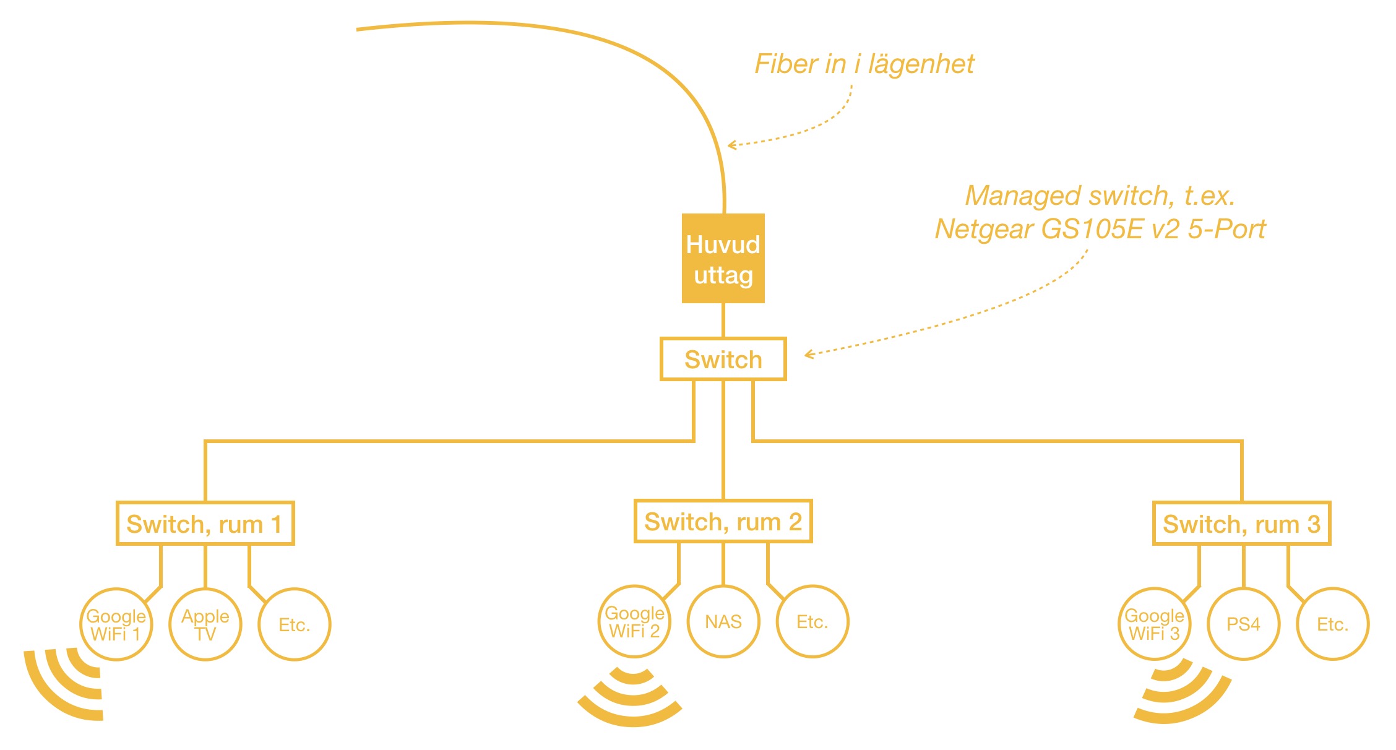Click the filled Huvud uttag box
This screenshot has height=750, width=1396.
pyautogui.click(x=723, y=258)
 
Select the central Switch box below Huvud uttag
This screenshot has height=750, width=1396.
pyautogui.click(x=723, y=359)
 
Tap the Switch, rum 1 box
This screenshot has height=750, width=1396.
pyautogui.click(x=205, y=524)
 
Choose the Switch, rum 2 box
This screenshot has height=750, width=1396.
pyautogui.click(x=723, y=521)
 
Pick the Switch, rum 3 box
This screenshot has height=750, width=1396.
pyautogui.click(x=1241, y=524)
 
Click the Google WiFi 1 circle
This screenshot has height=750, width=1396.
pyautogui.click(x=116, y=624)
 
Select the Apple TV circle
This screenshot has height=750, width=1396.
pyautogui.click(x=205, y=624)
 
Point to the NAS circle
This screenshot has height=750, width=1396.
pyautogui.click(x=723, y=621)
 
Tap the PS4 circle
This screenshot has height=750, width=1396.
pyautogui.click(x=1243, y=624)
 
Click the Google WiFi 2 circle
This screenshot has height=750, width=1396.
pyautogui.click(x=634, y=621)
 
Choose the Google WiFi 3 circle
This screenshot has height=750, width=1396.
pyautogui.click(x=1154, y=624)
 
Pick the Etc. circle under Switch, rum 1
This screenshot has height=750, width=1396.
pyautogui.click(x=294, y=624)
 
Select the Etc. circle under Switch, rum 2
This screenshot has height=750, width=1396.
pyautogui.click(x=812, y=621)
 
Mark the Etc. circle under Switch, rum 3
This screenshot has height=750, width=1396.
pyautogui.click(x=1332, y=624)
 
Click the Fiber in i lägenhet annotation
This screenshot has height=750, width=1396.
pyautogui.click(x=864, y=64)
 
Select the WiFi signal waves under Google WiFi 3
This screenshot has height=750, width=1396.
pyautogui.click(x=1179, y=693)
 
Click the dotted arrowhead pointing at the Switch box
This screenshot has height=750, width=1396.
pyautogui.click(x=809, y=355)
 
